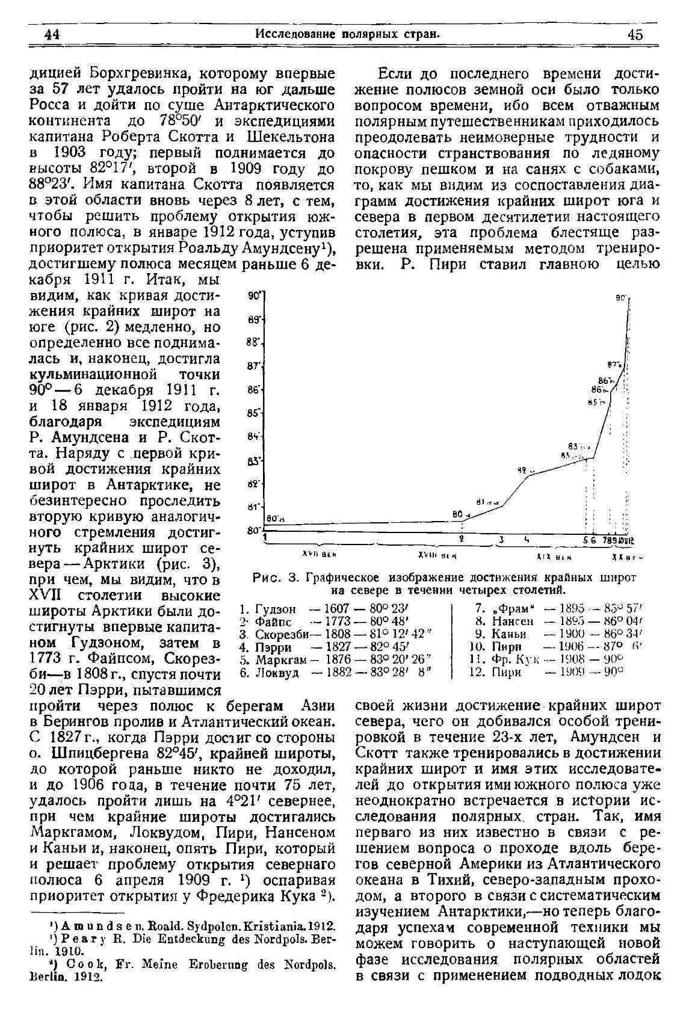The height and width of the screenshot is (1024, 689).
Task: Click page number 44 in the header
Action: tap(52, 34)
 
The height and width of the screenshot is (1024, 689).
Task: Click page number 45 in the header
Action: tap(635, 34)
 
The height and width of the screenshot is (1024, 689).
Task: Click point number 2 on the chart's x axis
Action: tap(462, 539)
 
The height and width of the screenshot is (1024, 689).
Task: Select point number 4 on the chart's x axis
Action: tap(527, 539)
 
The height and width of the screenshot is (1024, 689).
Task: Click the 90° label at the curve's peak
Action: tap(622, 298)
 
